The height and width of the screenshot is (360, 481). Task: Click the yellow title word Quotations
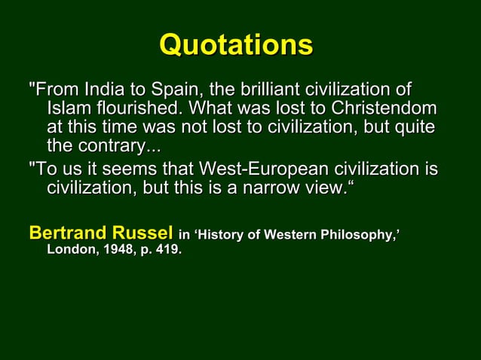tap(236, 45)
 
